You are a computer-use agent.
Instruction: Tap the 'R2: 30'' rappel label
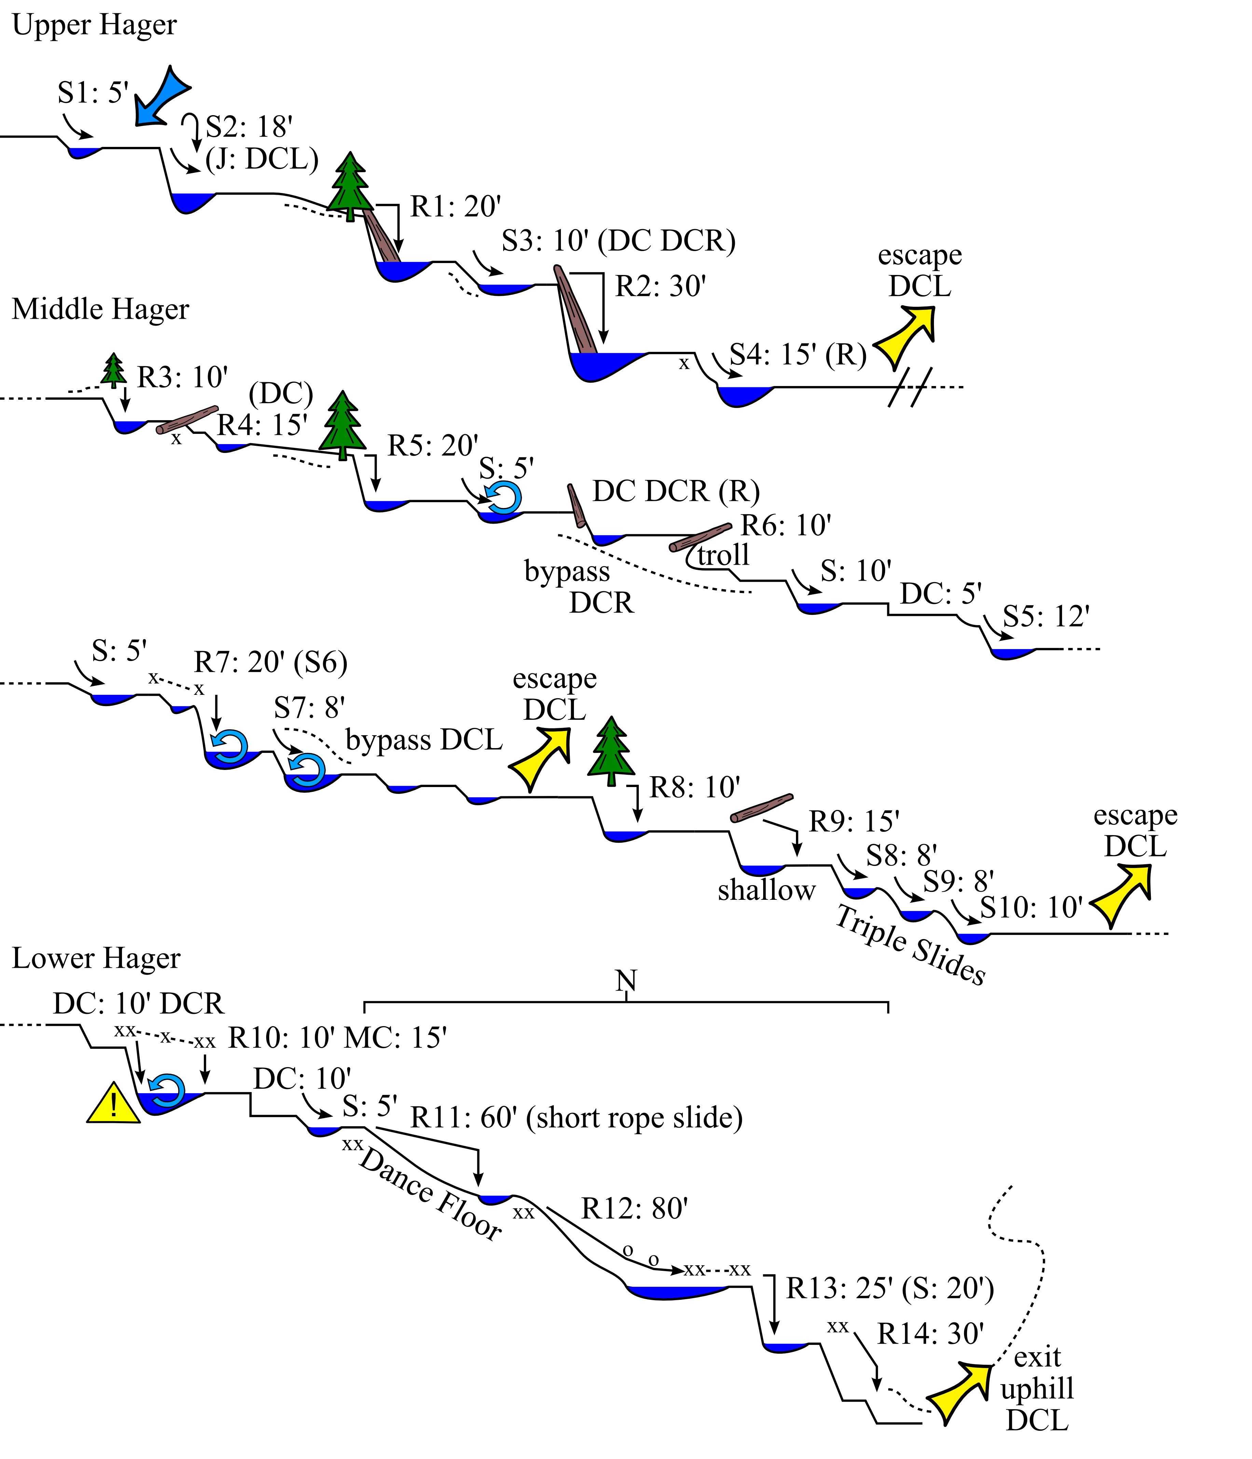(661, 287)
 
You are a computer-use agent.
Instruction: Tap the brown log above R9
(762, 808)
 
